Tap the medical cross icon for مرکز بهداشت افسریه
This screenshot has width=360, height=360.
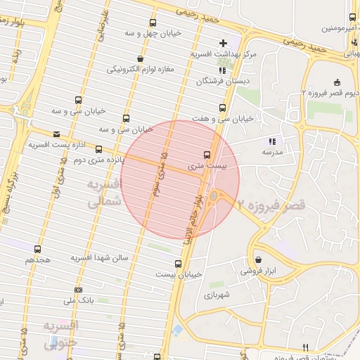pos(224,43)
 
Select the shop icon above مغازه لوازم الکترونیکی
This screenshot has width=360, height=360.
pos(141,59)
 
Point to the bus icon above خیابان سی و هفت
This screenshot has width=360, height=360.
pos(222,108)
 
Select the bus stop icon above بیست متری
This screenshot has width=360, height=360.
pos(207,154)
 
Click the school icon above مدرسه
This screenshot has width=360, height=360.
pos(272,141)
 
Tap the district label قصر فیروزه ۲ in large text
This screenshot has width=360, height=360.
pos(271,205)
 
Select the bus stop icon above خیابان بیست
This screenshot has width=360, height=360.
pos(177,264)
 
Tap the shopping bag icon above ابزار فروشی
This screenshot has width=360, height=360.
pos(258,259)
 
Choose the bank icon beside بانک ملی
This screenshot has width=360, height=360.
pos(77,290)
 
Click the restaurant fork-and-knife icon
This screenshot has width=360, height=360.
pos(305,347)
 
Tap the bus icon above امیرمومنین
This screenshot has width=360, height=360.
pos(352,18)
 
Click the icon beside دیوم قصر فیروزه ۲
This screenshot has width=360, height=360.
pos(337,82)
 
